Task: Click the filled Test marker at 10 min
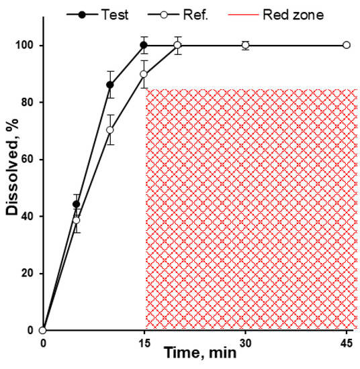click(110, 85)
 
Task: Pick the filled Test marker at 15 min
click(144, 45)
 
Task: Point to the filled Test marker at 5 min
click(77, 204)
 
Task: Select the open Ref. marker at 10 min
click(110, 130)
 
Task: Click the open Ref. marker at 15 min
click(144, 74)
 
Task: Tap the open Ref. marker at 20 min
click(177, 45)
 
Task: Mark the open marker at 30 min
click(245, 45)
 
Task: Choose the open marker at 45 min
click(346, 45)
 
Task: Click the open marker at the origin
click(42, 330)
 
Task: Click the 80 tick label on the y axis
click(30, 102)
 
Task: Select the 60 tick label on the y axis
click(30, 159)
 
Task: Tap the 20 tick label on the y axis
click(30, 273)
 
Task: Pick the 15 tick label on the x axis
click(144, 343)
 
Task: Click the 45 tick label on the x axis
click(346, 343)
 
